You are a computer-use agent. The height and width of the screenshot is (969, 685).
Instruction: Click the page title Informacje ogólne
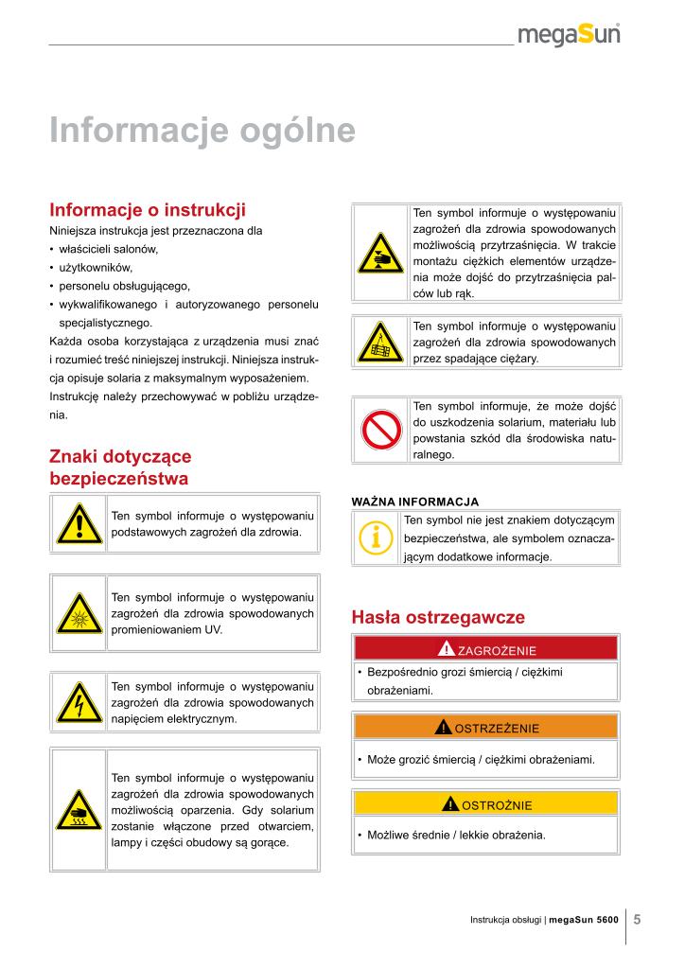pos(202,130)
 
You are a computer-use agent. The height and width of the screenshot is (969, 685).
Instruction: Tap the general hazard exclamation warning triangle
pos(79,523)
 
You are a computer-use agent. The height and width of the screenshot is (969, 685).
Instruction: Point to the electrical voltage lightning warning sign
pos(79,701)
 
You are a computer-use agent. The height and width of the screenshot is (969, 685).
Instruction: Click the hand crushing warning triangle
pos(381,254)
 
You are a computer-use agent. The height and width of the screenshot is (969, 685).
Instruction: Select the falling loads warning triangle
pos(381,344)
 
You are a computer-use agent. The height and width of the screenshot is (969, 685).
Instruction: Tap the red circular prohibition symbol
pos(381,431)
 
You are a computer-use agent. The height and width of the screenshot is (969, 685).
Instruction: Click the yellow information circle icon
pos(377,538)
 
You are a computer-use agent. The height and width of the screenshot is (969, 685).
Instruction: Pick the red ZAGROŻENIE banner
pos(485,649)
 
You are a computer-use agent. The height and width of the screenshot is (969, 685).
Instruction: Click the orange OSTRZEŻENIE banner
pos(485,728)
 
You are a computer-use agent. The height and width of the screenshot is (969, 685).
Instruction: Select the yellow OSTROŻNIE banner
pos(485,805)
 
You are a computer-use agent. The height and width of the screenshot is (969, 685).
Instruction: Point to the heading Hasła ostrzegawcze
pos(437,617)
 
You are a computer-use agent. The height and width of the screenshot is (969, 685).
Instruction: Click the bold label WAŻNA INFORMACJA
pos(414,501)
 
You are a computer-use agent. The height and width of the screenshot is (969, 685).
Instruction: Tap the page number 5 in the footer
pos(638,918)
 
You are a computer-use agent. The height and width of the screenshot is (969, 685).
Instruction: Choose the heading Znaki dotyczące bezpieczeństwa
pos(120,467)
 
